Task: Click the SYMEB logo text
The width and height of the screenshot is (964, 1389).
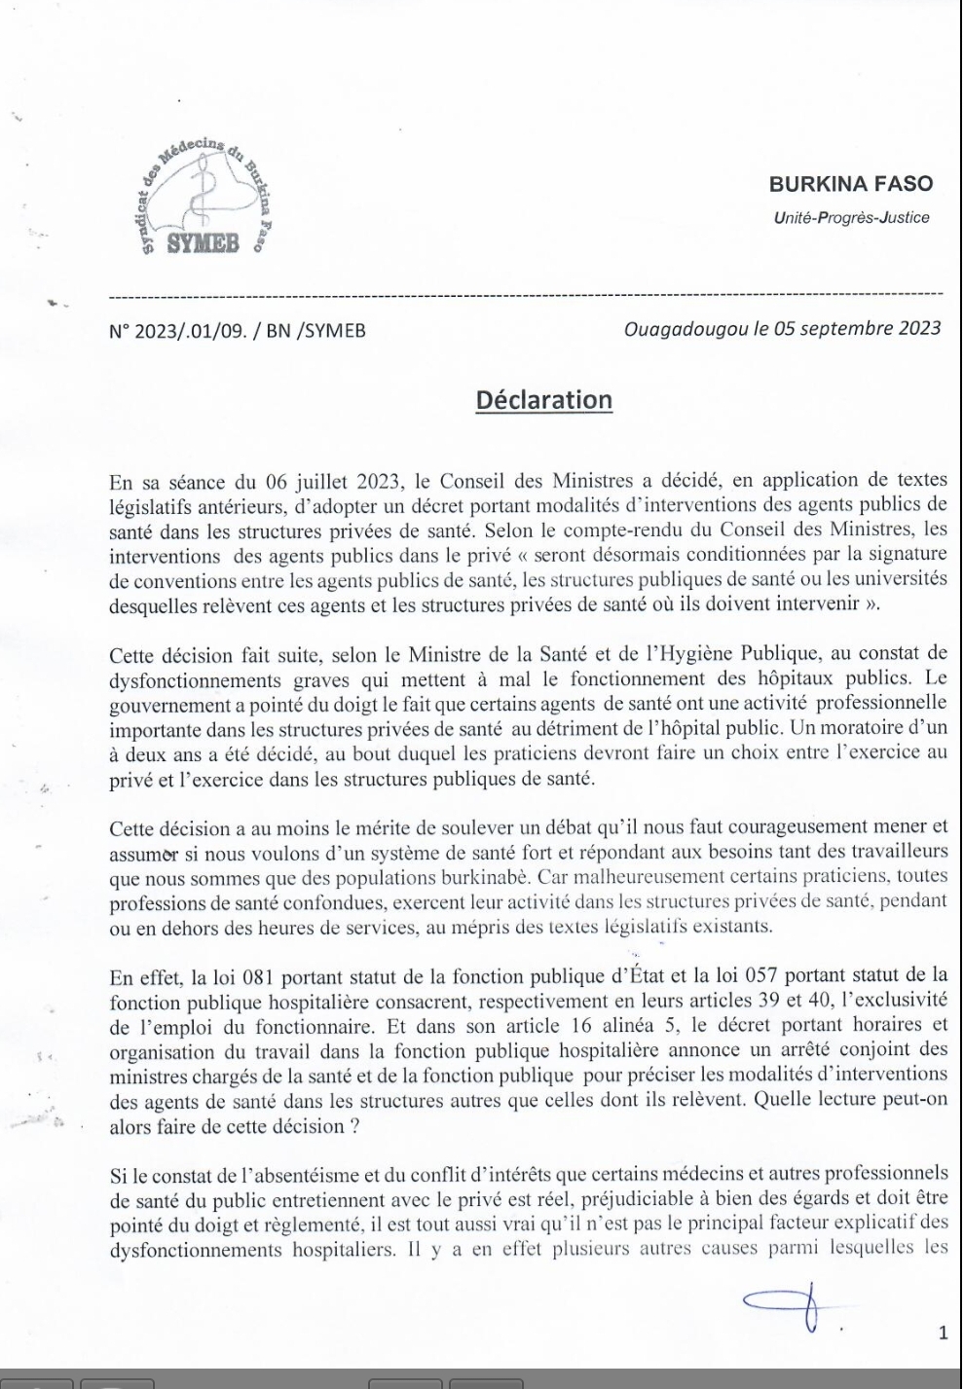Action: pos(203,242)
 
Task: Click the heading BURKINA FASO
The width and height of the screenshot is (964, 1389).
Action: pos(850,183)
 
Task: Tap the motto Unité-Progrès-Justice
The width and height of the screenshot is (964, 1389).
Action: pos(851,217)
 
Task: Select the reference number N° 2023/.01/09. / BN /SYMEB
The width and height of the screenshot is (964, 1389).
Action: pos(238,330)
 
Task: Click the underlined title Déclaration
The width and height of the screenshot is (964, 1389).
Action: pos(543,400)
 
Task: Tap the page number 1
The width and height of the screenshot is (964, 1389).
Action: pos(942,1333)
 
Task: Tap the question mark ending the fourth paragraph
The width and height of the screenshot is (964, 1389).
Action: pos(339,1125)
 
